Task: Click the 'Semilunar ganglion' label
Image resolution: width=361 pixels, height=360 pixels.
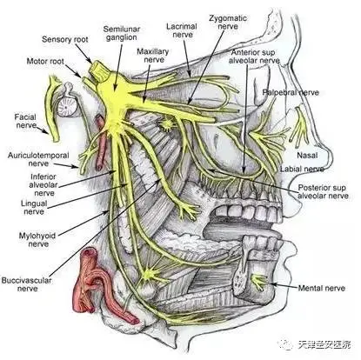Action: (122, 33)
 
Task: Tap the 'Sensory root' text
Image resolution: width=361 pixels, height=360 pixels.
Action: (65, 39)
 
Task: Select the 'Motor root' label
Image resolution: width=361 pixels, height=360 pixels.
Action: (45, 62)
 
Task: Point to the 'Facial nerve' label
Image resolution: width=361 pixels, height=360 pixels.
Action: (25, 121)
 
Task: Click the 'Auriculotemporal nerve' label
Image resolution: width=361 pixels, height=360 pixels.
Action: (38, 159)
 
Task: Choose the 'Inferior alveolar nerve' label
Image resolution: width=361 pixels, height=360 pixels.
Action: (44, 184)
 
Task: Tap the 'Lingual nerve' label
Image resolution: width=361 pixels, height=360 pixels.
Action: (34, 207)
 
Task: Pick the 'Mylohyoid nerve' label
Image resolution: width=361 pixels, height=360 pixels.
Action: (37, 239)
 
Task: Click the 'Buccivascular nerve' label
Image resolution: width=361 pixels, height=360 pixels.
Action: (27, 284)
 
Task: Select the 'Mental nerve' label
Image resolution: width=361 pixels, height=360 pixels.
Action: (322, 288)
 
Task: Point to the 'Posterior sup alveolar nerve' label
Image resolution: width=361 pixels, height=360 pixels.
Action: (323, 191)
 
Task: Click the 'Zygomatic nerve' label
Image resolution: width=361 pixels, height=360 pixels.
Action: (228, 22)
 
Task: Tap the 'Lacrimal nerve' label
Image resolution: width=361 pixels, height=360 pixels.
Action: (182, 30)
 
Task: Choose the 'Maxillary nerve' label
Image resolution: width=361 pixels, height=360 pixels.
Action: (153, 56)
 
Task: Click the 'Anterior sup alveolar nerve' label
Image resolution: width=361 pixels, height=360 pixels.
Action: (254, 57)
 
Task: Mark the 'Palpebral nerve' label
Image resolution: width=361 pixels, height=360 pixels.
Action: (291, 92)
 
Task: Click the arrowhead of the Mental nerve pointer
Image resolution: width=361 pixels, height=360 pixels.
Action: (272, 284)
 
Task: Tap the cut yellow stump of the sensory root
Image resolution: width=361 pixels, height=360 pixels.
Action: (98, 70)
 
